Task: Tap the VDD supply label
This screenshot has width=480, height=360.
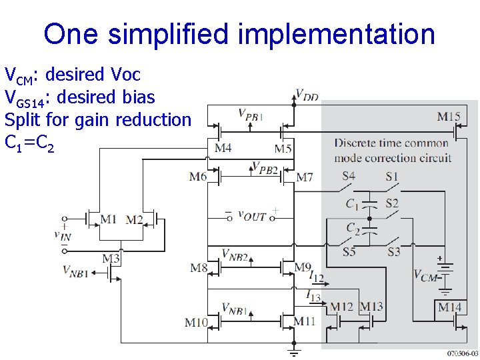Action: [307, 95]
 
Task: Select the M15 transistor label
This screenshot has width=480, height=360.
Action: [449, 117]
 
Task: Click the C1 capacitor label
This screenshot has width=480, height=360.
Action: [352, 203]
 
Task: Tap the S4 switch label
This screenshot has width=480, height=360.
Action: [349, 177]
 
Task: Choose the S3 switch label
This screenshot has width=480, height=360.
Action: [393, 251]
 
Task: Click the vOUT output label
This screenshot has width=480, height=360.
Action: [253, 215]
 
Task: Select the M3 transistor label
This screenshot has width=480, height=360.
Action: [111, 258]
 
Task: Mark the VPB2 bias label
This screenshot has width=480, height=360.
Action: [265, 167]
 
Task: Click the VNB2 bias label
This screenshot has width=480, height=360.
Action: [235, 254]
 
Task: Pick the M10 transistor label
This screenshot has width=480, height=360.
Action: [196, 323]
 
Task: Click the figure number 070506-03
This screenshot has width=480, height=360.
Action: [462, 353]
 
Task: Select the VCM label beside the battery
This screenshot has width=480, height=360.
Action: [425, 274]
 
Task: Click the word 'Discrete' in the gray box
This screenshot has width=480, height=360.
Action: [357, 143]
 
